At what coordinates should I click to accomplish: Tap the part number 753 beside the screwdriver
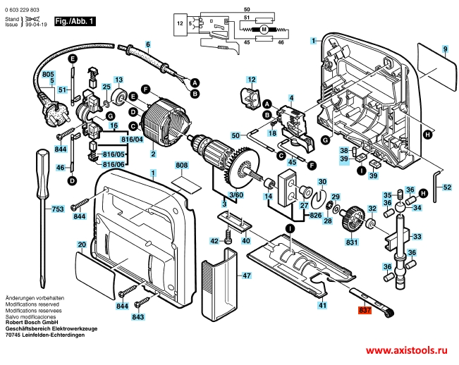coord(59,209)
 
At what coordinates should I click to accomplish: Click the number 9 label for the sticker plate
coord(445,49)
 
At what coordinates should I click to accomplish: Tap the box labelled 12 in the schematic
coord(179,24)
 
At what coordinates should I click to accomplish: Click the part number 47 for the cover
coord(247,276)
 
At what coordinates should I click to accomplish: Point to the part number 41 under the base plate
coord(322,305)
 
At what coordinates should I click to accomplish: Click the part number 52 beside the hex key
coord(448,187)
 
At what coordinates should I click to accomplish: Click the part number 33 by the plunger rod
coord(417,236)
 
